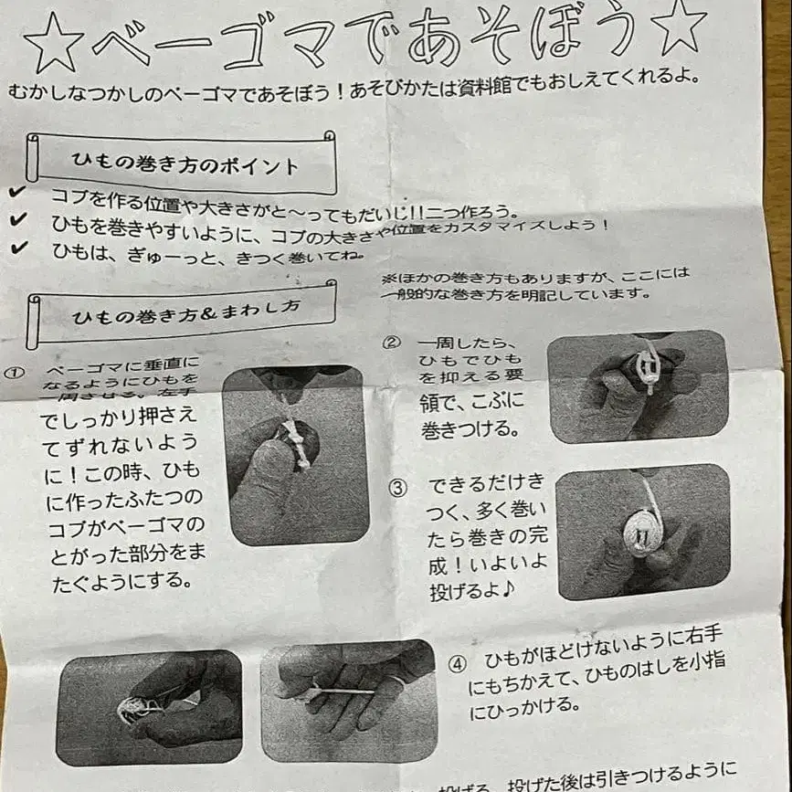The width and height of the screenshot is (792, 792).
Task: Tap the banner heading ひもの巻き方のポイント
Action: tap(185, 165)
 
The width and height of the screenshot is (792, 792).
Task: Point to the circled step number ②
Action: tap(392, 343)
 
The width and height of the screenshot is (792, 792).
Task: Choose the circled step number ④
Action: tap(457, 663)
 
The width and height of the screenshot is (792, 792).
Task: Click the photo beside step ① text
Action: tap(295, 454)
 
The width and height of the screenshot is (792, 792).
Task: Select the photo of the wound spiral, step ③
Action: tap(642, 531)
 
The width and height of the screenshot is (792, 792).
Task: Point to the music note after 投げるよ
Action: tap(508, 586)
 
